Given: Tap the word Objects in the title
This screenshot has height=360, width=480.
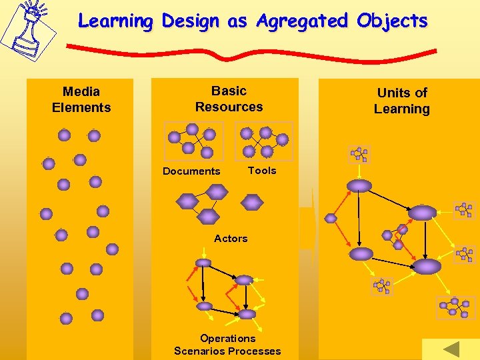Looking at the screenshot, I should pos(392,21).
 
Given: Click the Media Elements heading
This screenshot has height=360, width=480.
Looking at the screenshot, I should pos(81,99).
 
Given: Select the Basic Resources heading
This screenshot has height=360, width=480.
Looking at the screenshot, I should pos(229,99).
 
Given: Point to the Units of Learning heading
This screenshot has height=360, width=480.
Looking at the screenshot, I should pos(401,101).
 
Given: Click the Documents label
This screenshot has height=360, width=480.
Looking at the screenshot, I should pos(191,171).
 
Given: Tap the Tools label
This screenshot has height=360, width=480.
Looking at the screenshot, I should pos(262,171).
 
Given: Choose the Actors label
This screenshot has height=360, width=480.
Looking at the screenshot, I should pos(231,238).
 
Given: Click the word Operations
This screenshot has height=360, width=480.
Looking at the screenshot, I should pos(227,338).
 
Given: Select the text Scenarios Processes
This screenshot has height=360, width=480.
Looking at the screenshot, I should pos(227,351).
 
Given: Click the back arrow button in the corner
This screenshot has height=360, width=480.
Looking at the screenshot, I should pos(451,349).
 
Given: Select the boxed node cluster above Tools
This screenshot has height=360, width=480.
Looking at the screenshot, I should pos(265,140).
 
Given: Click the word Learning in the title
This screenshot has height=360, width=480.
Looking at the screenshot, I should pos(115,21).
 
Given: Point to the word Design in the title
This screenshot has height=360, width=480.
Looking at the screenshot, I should pos(190,21).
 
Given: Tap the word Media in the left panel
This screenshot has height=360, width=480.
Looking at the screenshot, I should pos(81,91).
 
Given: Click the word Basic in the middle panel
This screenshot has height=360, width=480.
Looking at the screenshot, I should pos(229,91).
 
